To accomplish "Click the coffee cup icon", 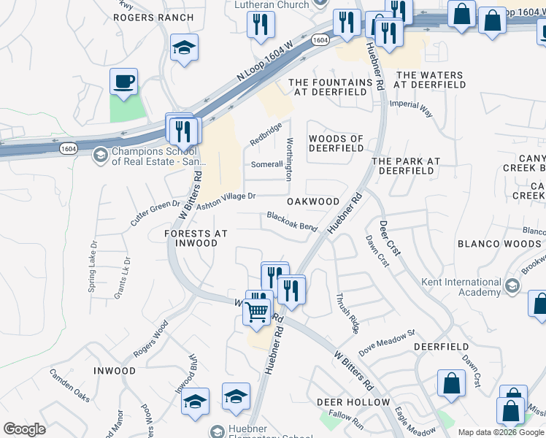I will (123, 81).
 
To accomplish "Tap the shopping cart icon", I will (256, 312).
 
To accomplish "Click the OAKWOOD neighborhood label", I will (313, 201).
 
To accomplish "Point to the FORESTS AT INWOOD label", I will (196, 238).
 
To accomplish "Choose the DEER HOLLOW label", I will (353, 402).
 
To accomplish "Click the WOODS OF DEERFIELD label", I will (336, 143).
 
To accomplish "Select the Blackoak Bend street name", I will (292, 222).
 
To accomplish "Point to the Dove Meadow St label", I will (386, 337).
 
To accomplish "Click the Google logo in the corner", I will (24, 429).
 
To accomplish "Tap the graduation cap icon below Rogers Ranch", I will (185, 49).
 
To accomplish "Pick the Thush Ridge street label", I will (347, 313).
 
